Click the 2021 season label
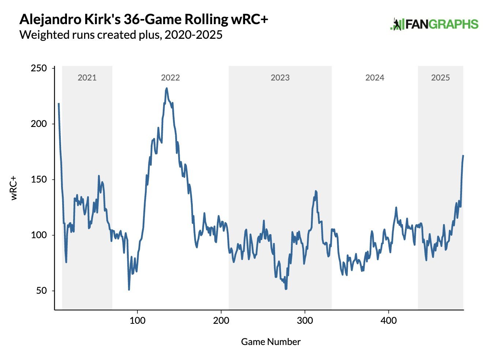click(x=87, y=78)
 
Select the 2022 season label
click(x=170, y=78)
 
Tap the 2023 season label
click(x=280, y=78)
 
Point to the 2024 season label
click(x=375, y=78)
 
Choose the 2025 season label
click(x=440, y=78)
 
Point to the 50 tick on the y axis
click(x=41, y=291)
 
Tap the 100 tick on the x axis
click(x=138, y=321)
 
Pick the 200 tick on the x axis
click(x=221, y=321)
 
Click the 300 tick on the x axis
click(x=305, y=321)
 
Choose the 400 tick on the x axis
click(x=388, y=321)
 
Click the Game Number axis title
click(x=271, y=342)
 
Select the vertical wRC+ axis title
click(x=14, y=188)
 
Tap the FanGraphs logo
click(x=434, y=25)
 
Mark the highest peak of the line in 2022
click(x=166, y=88)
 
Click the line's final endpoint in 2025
click(x=463, y=156)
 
